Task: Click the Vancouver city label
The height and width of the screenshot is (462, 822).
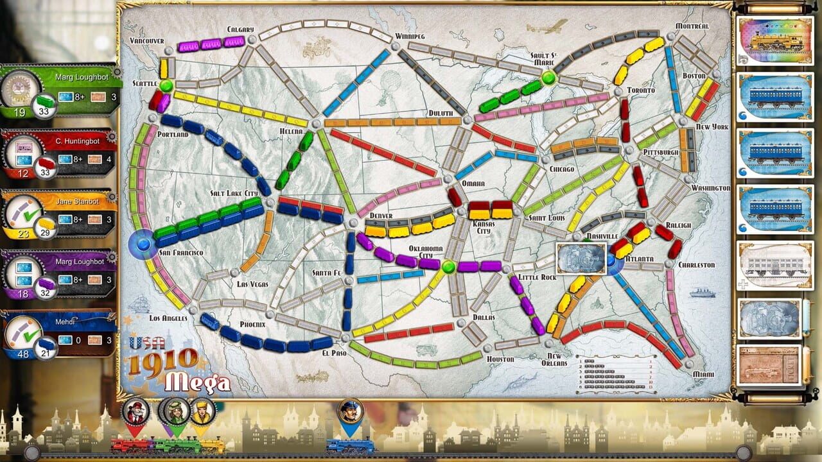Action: coord(147,40)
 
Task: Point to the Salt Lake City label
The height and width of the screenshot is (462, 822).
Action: coord(234,193)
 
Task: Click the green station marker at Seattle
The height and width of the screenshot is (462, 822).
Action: coord(166,85)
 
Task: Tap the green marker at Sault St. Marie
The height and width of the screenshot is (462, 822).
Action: coord(548,78)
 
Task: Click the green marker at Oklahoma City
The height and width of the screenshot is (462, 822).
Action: coord(449,266)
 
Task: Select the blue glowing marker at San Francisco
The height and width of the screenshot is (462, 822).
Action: coord(142,244)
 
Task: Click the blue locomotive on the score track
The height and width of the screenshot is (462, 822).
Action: coord(350,445)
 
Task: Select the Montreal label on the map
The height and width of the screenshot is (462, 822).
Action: coord(692,26)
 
